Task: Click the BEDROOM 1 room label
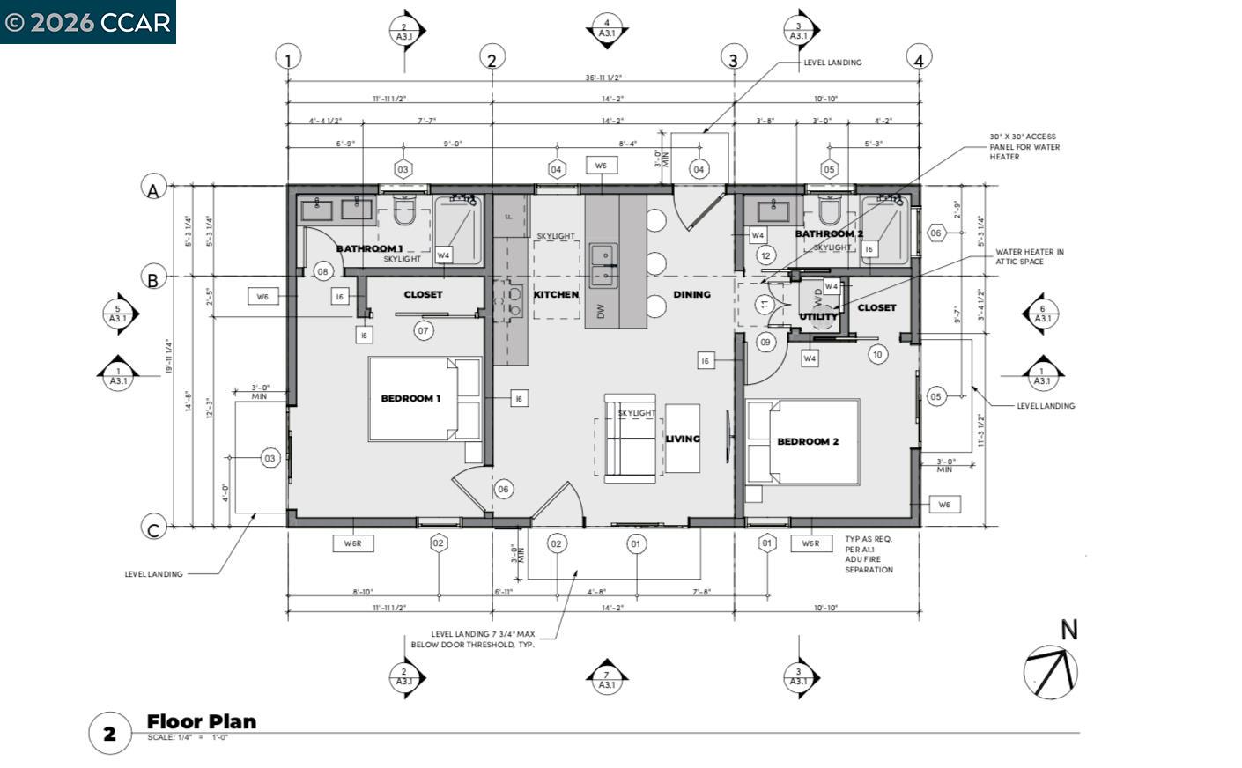410,398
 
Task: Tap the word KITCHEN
556,294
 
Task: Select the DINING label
691,294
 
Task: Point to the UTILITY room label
818,317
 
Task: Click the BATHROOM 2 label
828,233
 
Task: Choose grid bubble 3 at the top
733,59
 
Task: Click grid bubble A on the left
153,188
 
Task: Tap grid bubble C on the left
153,528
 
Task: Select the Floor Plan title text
202,721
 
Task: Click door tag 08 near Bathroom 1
323,271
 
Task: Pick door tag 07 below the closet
424,330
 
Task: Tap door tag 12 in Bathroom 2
765,256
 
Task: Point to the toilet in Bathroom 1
404,211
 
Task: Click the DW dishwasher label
601,311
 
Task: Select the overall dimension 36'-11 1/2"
603,78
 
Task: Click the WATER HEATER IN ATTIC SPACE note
1029,256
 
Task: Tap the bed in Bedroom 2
802,441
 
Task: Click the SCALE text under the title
188,738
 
